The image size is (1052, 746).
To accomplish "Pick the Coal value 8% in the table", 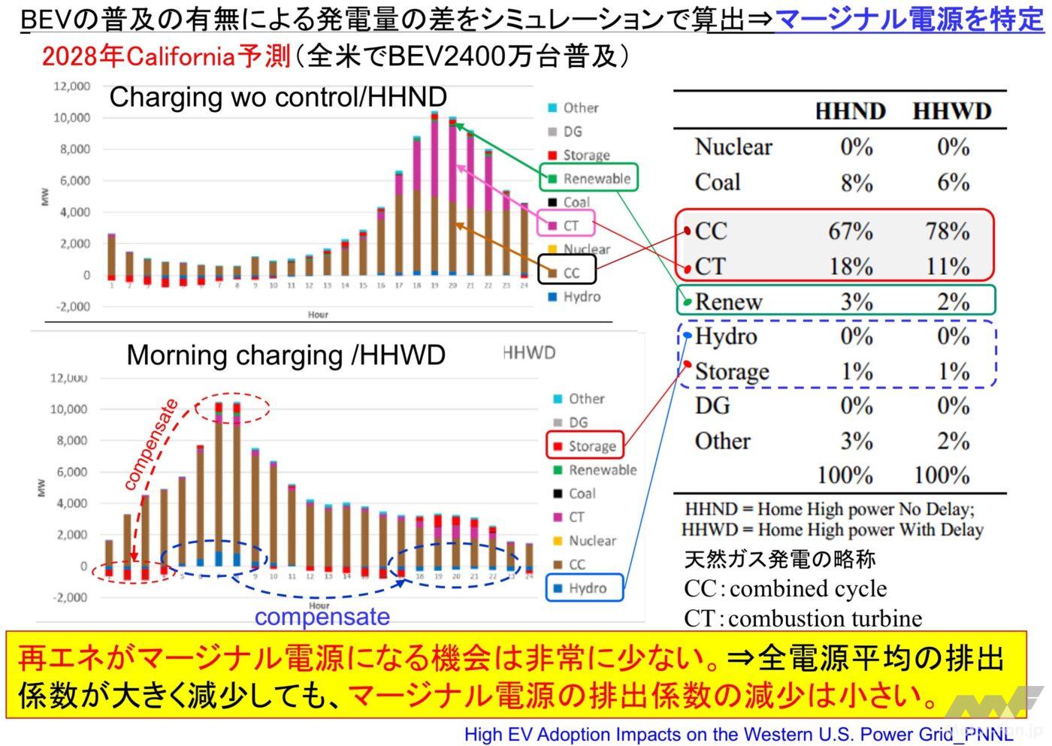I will (856, 183).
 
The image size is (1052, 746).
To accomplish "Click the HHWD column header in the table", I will (951, 112).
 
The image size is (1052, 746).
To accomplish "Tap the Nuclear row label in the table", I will (733, 147).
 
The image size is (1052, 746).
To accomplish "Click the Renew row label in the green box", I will (728, 302).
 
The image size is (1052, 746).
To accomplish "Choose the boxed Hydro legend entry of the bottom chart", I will (585, 588).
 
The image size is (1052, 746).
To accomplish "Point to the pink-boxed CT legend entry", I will (565, 225).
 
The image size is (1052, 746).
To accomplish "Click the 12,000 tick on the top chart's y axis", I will (72, 86).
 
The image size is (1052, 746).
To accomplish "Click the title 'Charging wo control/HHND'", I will (278, 97).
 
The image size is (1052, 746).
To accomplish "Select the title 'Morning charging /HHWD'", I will (286, 355).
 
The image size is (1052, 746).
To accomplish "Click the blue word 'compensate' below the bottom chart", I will (322, 618).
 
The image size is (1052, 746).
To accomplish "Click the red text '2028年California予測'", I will (166, 56).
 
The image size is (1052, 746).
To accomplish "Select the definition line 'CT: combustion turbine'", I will (803, 618).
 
